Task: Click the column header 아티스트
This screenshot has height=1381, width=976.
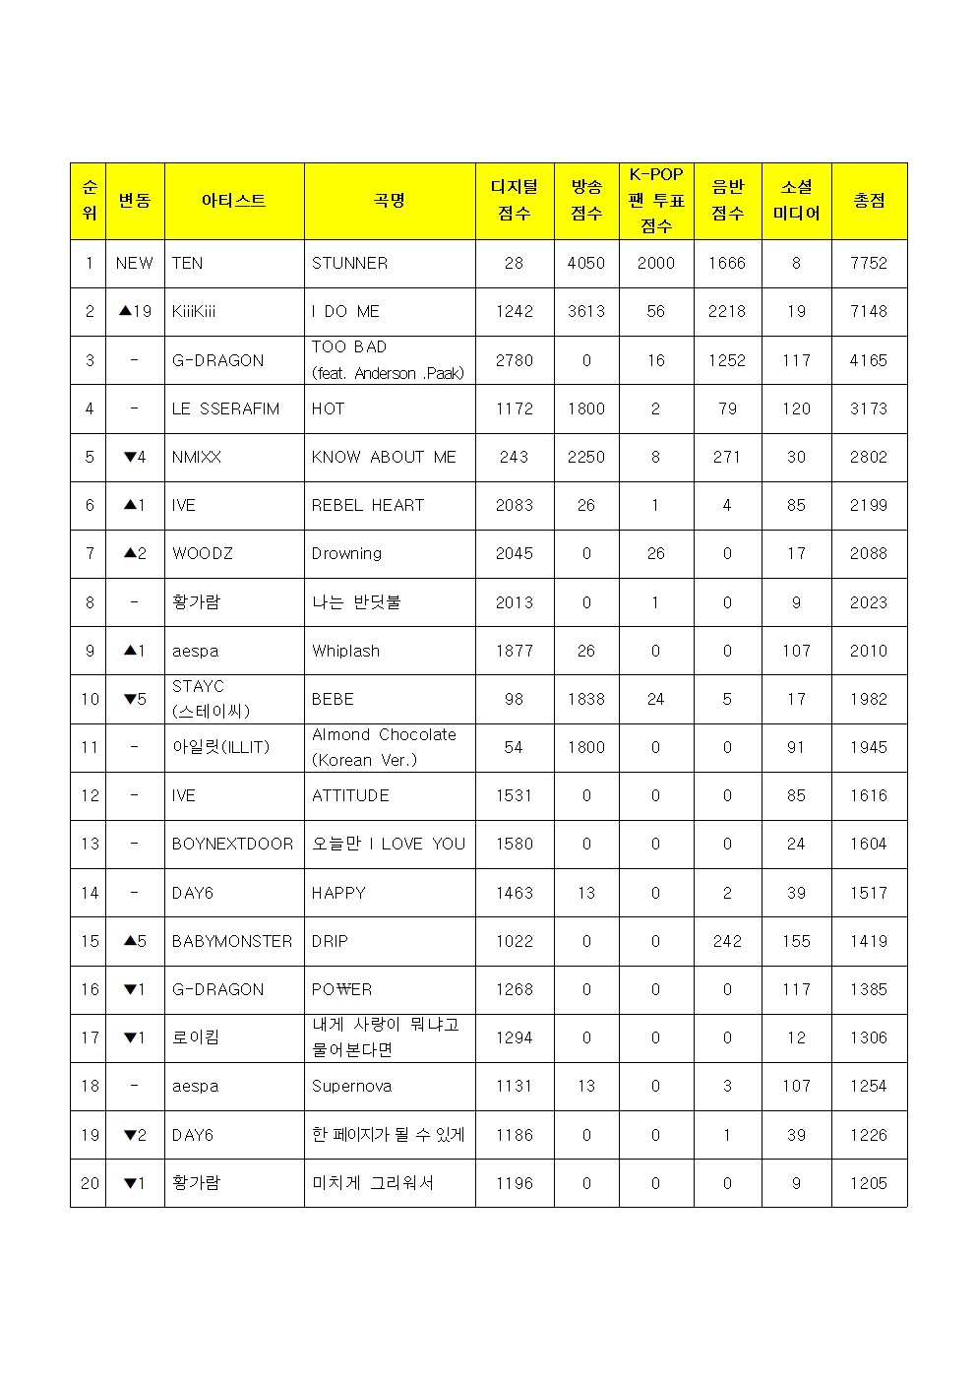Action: pos(233,201)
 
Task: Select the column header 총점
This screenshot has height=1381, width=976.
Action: pos(869,201)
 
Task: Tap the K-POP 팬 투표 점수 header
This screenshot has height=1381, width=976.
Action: pos(656,201)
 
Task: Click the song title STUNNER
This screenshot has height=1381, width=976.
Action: pos(349,264)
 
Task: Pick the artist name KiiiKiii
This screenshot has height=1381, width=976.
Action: pos(194,312)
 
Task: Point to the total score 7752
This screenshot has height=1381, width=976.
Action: pos(869,264)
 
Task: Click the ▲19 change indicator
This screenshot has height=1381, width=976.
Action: pos(135,312)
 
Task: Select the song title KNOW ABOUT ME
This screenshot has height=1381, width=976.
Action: pos(384,458)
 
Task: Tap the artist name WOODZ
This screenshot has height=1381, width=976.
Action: pos(203,554)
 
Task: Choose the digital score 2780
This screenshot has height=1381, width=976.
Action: pos(515,361)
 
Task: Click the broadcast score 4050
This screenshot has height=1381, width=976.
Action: pos(586,264)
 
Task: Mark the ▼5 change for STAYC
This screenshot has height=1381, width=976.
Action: pos(135,700)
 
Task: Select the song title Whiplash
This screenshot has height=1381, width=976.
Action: pos(345,652)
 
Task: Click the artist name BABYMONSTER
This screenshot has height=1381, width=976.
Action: pos(232,942)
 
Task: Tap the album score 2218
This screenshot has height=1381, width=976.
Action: pos(727,312)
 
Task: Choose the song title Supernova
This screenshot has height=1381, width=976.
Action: pos(351,1087)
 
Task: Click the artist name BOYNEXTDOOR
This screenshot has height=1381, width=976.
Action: pos(232,845)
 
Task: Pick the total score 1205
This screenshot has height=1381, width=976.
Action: pos(869,1184)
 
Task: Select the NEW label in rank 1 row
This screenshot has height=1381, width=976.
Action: pos(135,264)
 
